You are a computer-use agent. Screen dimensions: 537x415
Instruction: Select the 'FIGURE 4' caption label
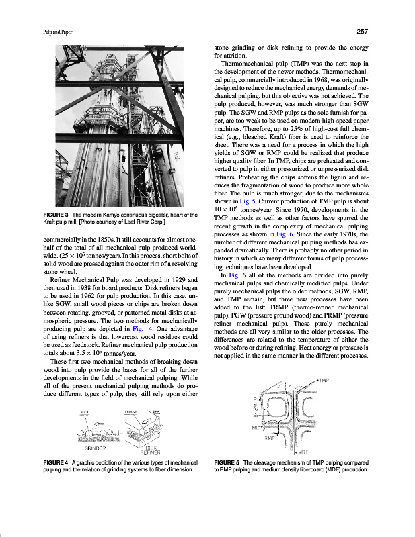click(x=57, y=463)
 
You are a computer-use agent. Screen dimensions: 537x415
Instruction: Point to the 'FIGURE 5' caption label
click(x=228, y=463)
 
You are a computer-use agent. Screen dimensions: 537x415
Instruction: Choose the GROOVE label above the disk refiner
click(x=131, y=411)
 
